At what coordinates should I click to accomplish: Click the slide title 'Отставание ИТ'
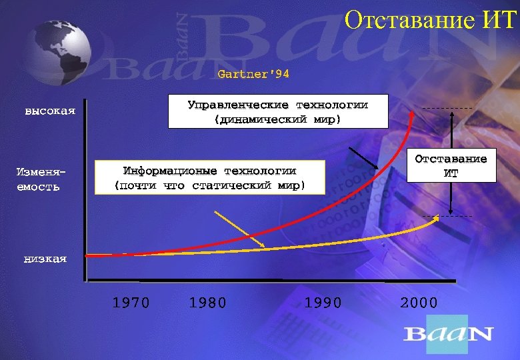click(x=430, y=21)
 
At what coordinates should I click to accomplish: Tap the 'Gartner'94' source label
click(x=253, y=74)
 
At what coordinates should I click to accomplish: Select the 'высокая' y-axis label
click(x=50, y=111)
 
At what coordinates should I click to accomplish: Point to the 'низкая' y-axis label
click(x=45, y=259)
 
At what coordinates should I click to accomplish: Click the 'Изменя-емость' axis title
click(x=38, y=179)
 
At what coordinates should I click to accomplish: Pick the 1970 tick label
click(x=131, y=303)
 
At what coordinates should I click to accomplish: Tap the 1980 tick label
click(x=208, y=303)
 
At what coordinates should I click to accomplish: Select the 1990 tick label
click(x=323, y=303)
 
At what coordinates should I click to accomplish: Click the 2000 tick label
click(x=419, y=303)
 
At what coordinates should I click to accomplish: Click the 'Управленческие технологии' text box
click(x=277, y=112)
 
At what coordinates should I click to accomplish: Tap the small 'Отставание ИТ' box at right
click(x=451, y=166)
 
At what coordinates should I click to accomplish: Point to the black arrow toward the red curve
click(x=363, y=158)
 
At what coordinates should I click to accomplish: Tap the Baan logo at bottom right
click(x=448, y=333)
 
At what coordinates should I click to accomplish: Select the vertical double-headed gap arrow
click(x=452, y=162)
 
